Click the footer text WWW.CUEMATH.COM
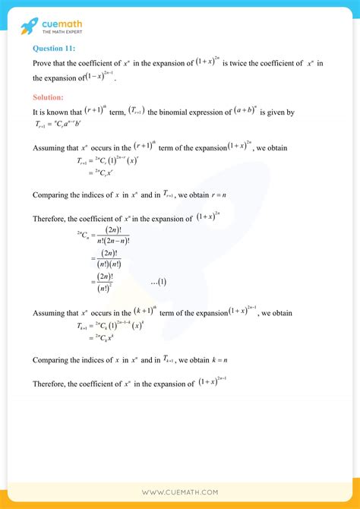coord(179,492)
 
